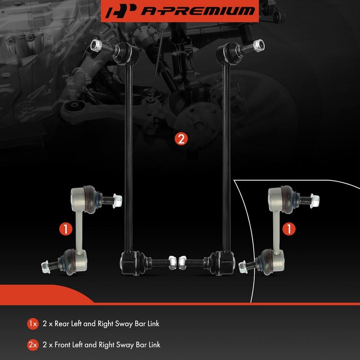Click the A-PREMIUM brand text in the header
click(x=197, y=11)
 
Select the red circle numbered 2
click(x=180, y=139)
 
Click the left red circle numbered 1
click(x=66, y=229)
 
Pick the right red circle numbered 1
click(x=289, y=229)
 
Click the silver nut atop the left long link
click(x=95, y=45)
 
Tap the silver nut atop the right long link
click(x=258, y=45)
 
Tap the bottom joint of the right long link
click(x=224, y=261)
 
